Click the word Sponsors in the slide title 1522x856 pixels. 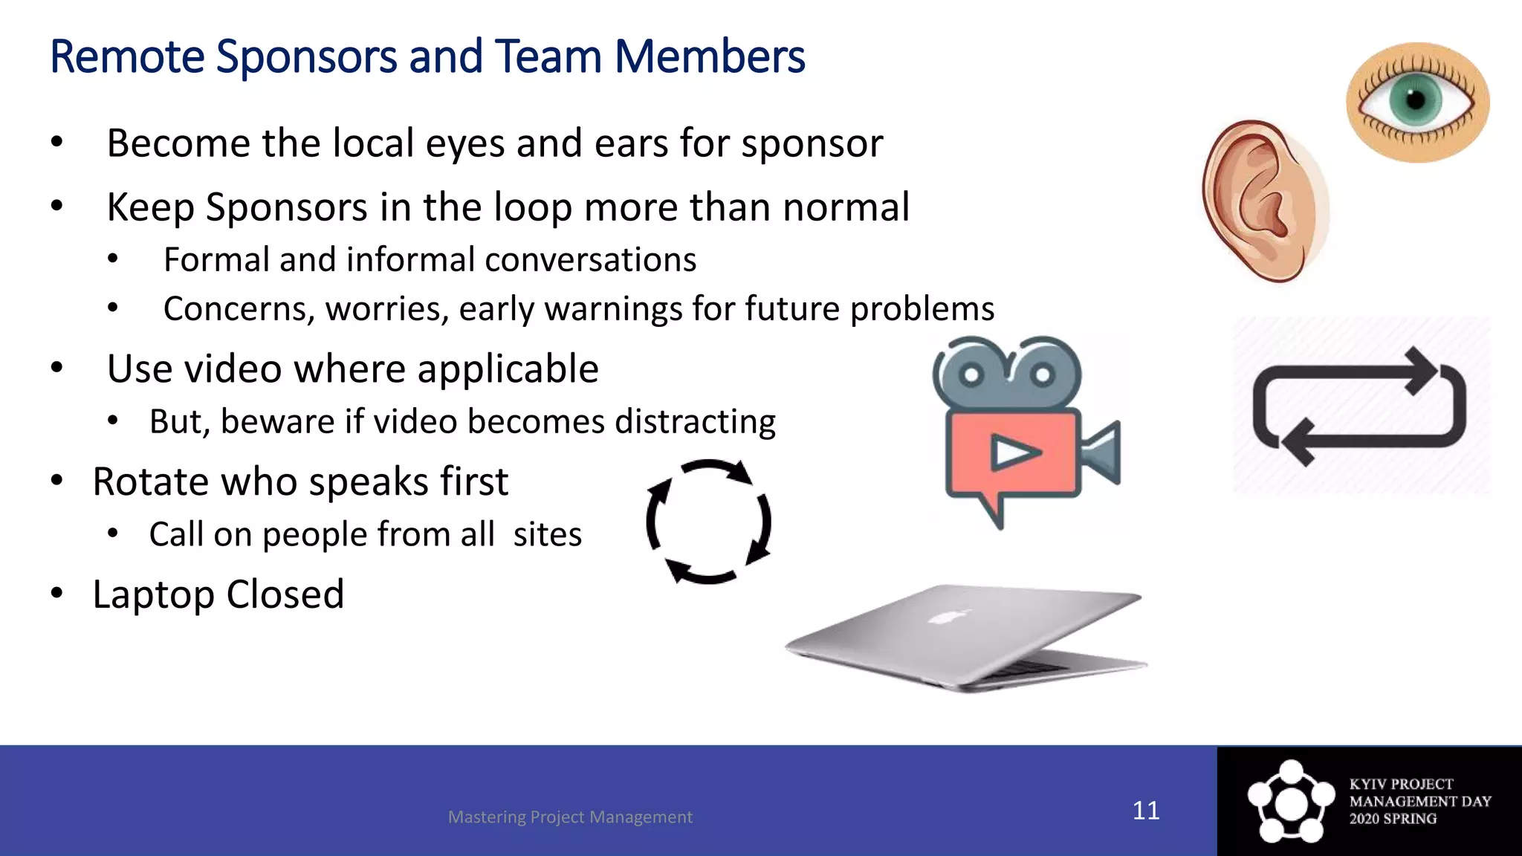(305, 58)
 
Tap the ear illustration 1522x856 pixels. (1262, 201)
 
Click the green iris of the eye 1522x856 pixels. (1416, 100)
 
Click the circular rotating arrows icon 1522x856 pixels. (708, 522)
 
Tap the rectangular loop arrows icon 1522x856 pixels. (1359, 406)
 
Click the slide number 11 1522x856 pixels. (1145, 811)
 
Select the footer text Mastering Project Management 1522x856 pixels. (570, 817)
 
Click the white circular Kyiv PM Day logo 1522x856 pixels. (1291, 801)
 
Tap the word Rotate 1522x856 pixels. (150, 481)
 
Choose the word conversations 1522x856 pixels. (591, 260)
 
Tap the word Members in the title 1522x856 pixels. (709, 58)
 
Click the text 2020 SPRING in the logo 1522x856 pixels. (1393, 819)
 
